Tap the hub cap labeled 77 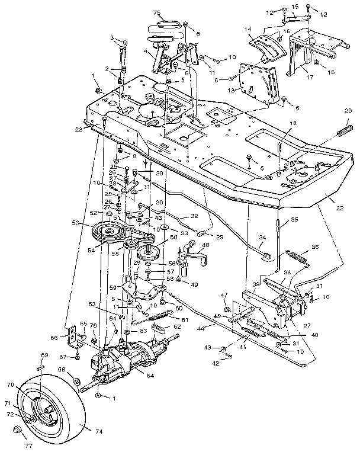(18, 428)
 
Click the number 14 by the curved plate (247, 29)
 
